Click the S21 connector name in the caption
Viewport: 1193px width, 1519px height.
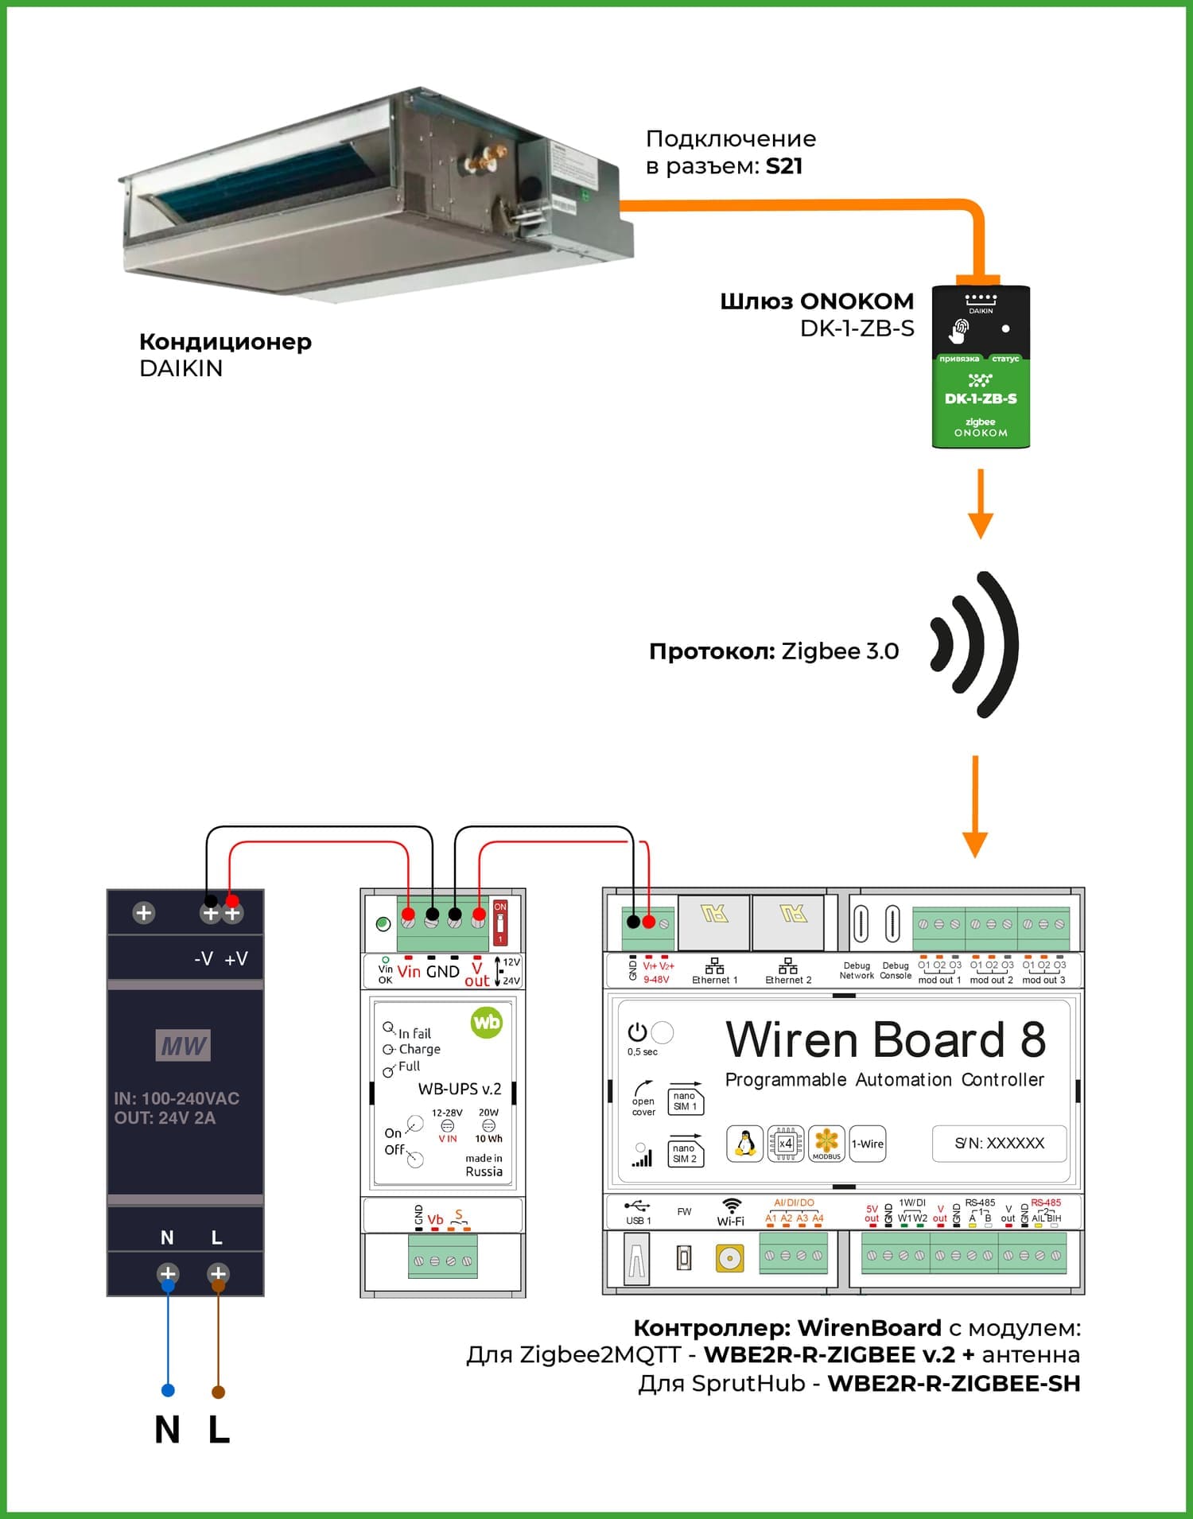click(783, 166)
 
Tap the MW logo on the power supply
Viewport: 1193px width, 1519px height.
click(184, 1046)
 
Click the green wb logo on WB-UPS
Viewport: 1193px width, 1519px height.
click(486, 1022)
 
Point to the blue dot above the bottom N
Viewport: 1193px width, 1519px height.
click(168, 1390)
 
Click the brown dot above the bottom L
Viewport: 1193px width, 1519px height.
click(218, 1392)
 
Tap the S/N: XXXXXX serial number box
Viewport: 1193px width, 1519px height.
click(999, 1143)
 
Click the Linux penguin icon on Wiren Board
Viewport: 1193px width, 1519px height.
click(745, 1144)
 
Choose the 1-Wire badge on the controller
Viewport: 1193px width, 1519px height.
click(867, 1144)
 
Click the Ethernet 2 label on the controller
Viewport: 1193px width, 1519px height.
click(788, 980)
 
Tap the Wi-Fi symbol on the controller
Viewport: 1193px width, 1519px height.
click(730, 1206)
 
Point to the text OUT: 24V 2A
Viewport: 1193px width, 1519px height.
click(165, 1117)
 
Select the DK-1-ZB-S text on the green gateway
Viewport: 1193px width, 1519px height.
click(981, 398)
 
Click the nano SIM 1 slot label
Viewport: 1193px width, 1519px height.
click(685, 1101)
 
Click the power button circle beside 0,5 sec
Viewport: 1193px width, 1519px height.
click(662, 1032)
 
